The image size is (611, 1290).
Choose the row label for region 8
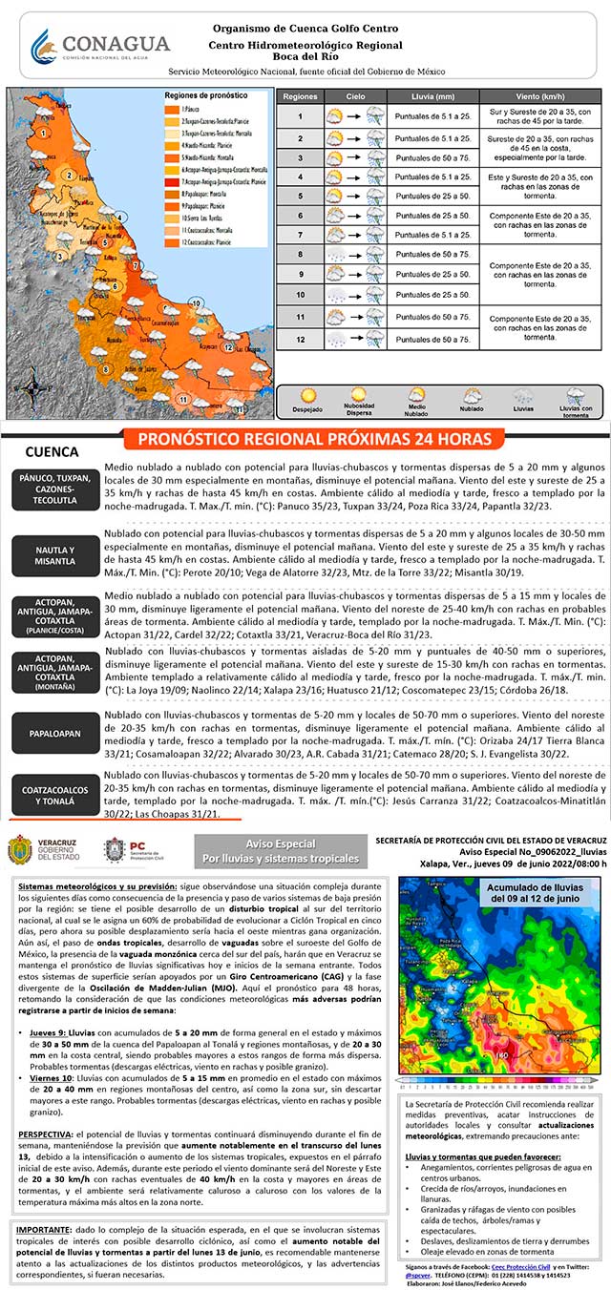[300, 255]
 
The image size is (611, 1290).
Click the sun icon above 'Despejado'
[308, 393]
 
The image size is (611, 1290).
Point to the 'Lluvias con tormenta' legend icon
[574, 394]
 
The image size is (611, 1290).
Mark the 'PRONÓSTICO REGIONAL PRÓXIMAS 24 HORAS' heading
[320, 439]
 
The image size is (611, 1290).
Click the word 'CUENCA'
[52, 451]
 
